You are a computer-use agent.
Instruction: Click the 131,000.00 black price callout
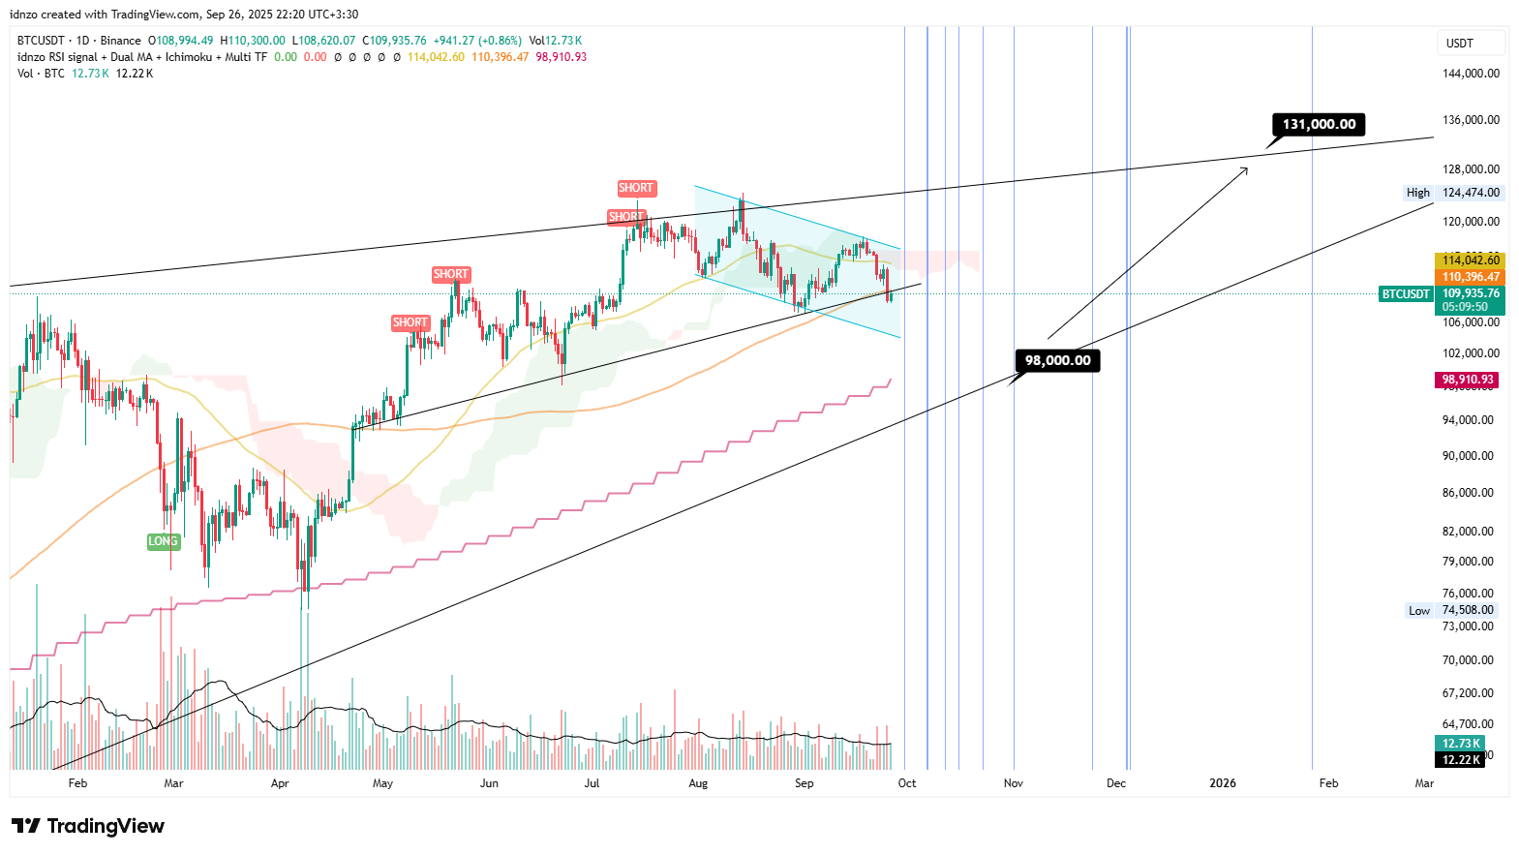(x=1319, y=124)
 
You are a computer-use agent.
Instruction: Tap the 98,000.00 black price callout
(x=1057, y=360)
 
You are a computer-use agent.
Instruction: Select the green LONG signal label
(x=163, y=541)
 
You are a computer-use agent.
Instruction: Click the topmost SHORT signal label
(x=636, y=188)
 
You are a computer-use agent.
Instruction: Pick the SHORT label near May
(x=410, y=322)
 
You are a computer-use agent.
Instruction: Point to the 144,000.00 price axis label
(x=1471, y=74)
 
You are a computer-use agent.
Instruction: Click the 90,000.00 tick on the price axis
(x=1468, y=456)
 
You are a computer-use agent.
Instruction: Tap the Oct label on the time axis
(x=906, y=783)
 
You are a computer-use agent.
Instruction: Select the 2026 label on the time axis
(x=1223, y=783)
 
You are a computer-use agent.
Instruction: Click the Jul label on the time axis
(x=592, y=783)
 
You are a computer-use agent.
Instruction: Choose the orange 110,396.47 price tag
(x=1470, y=277)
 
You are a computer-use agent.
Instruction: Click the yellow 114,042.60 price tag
(x=1470, y=260)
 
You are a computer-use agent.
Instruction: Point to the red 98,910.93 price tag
(x=1468, y=380)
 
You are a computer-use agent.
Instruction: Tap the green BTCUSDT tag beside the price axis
(x=1406, y=293)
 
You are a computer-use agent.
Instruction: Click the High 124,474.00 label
(x=1453, y=193)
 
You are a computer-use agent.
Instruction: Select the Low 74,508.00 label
(x=1451, y=610)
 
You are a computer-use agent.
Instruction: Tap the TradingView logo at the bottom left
(x=88, y=826)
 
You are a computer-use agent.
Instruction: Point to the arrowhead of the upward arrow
(x=1246, y=168)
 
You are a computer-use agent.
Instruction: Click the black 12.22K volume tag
(x=1461, y=760)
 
